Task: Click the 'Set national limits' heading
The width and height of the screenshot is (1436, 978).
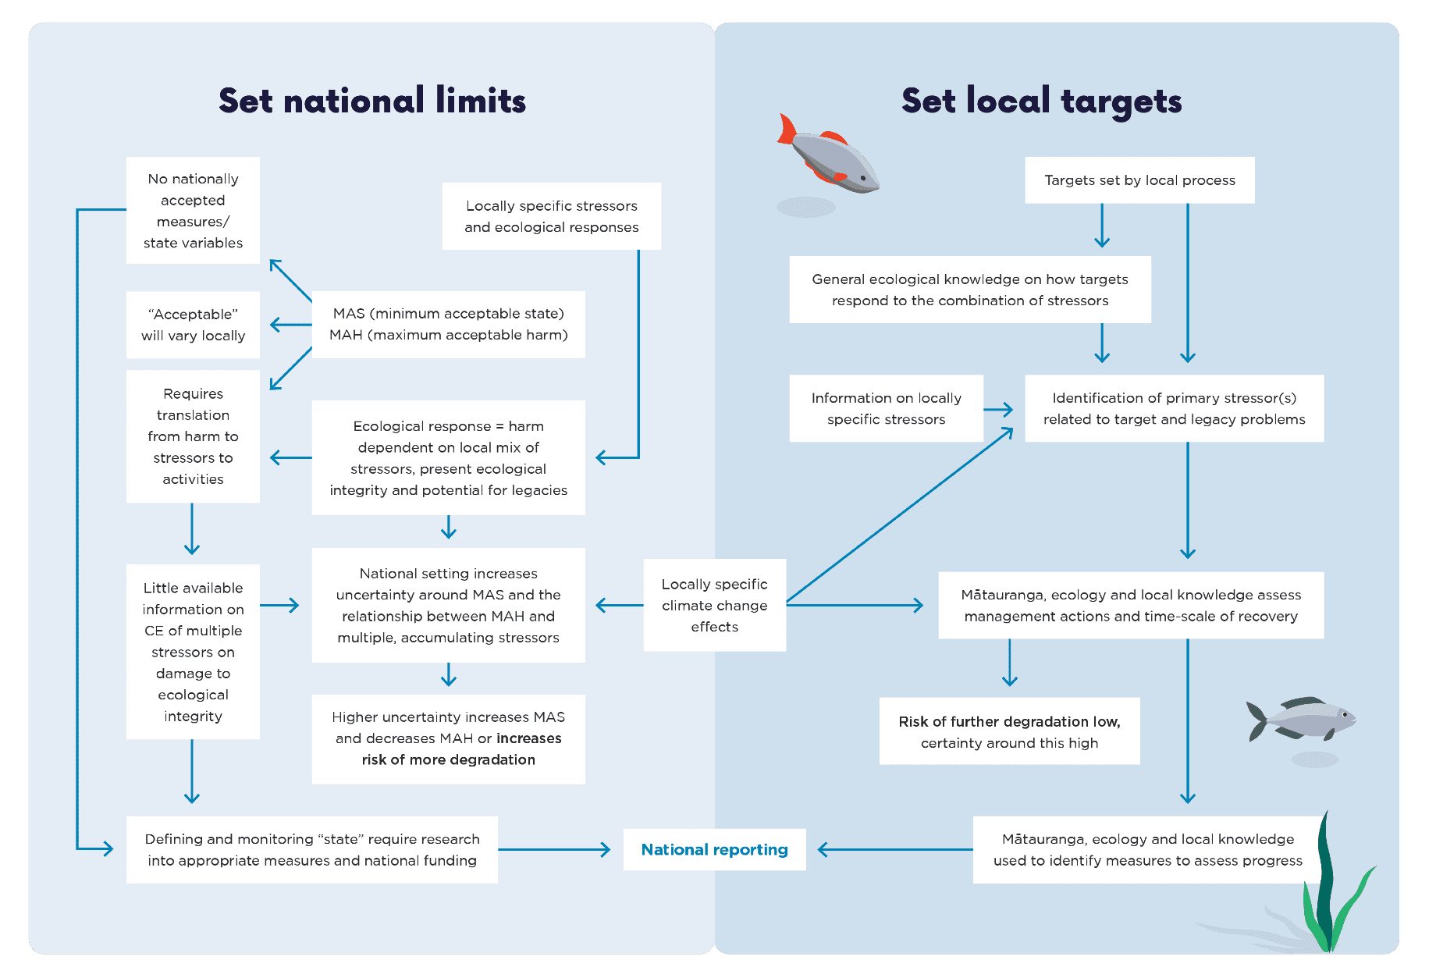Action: (x=372, y=101)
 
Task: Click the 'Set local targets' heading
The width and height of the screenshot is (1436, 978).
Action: (x=1041, y=101)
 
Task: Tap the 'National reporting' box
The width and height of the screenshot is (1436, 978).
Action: (x=714, y=849)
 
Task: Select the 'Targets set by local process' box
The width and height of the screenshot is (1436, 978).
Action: (x=1139, y=180)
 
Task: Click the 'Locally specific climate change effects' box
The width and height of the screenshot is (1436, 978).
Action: (x=714, y=605)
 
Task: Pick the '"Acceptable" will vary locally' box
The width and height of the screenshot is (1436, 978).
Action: (x=193, y=325)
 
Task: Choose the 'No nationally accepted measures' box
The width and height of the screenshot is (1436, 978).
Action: (x=193, y=211)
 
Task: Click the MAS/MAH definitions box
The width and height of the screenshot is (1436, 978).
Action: (x=448, y=324)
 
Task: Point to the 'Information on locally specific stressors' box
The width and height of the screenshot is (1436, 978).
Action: (x=886, y=408)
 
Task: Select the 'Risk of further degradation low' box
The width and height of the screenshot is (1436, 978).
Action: (x=1009, y=731)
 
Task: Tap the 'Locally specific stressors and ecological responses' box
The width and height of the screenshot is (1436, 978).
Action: (x=551, y=216)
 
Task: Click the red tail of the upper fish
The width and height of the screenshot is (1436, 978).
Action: (x=786, y=130)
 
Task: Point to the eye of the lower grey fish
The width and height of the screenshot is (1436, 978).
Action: (x=1345, y=713)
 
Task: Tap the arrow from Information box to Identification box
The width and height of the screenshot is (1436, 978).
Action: (x=998, y=409)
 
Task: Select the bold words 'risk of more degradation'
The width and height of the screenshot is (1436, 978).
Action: (x=448, y=759)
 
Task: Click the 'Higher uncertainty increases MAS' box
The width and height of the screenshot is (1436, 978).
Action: (x=448, y=738)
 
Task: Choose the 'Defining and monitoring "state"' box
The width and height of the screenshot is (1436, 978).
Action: (x=311, y=849)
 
